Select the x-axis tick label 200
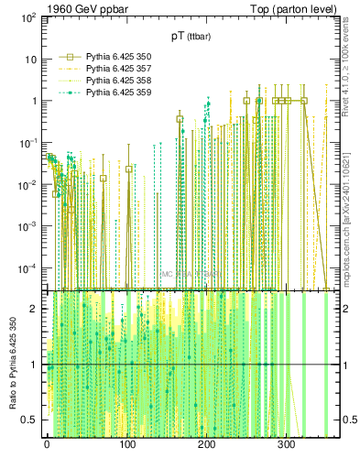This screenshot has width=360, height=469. (206, 444)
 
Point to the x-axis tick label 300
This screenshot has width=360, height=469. (286, 444)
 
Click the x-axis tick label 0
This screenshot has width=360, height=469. (47, 444)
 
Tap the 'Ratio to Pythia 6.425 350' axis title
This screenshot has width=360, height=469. (11, 366)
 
